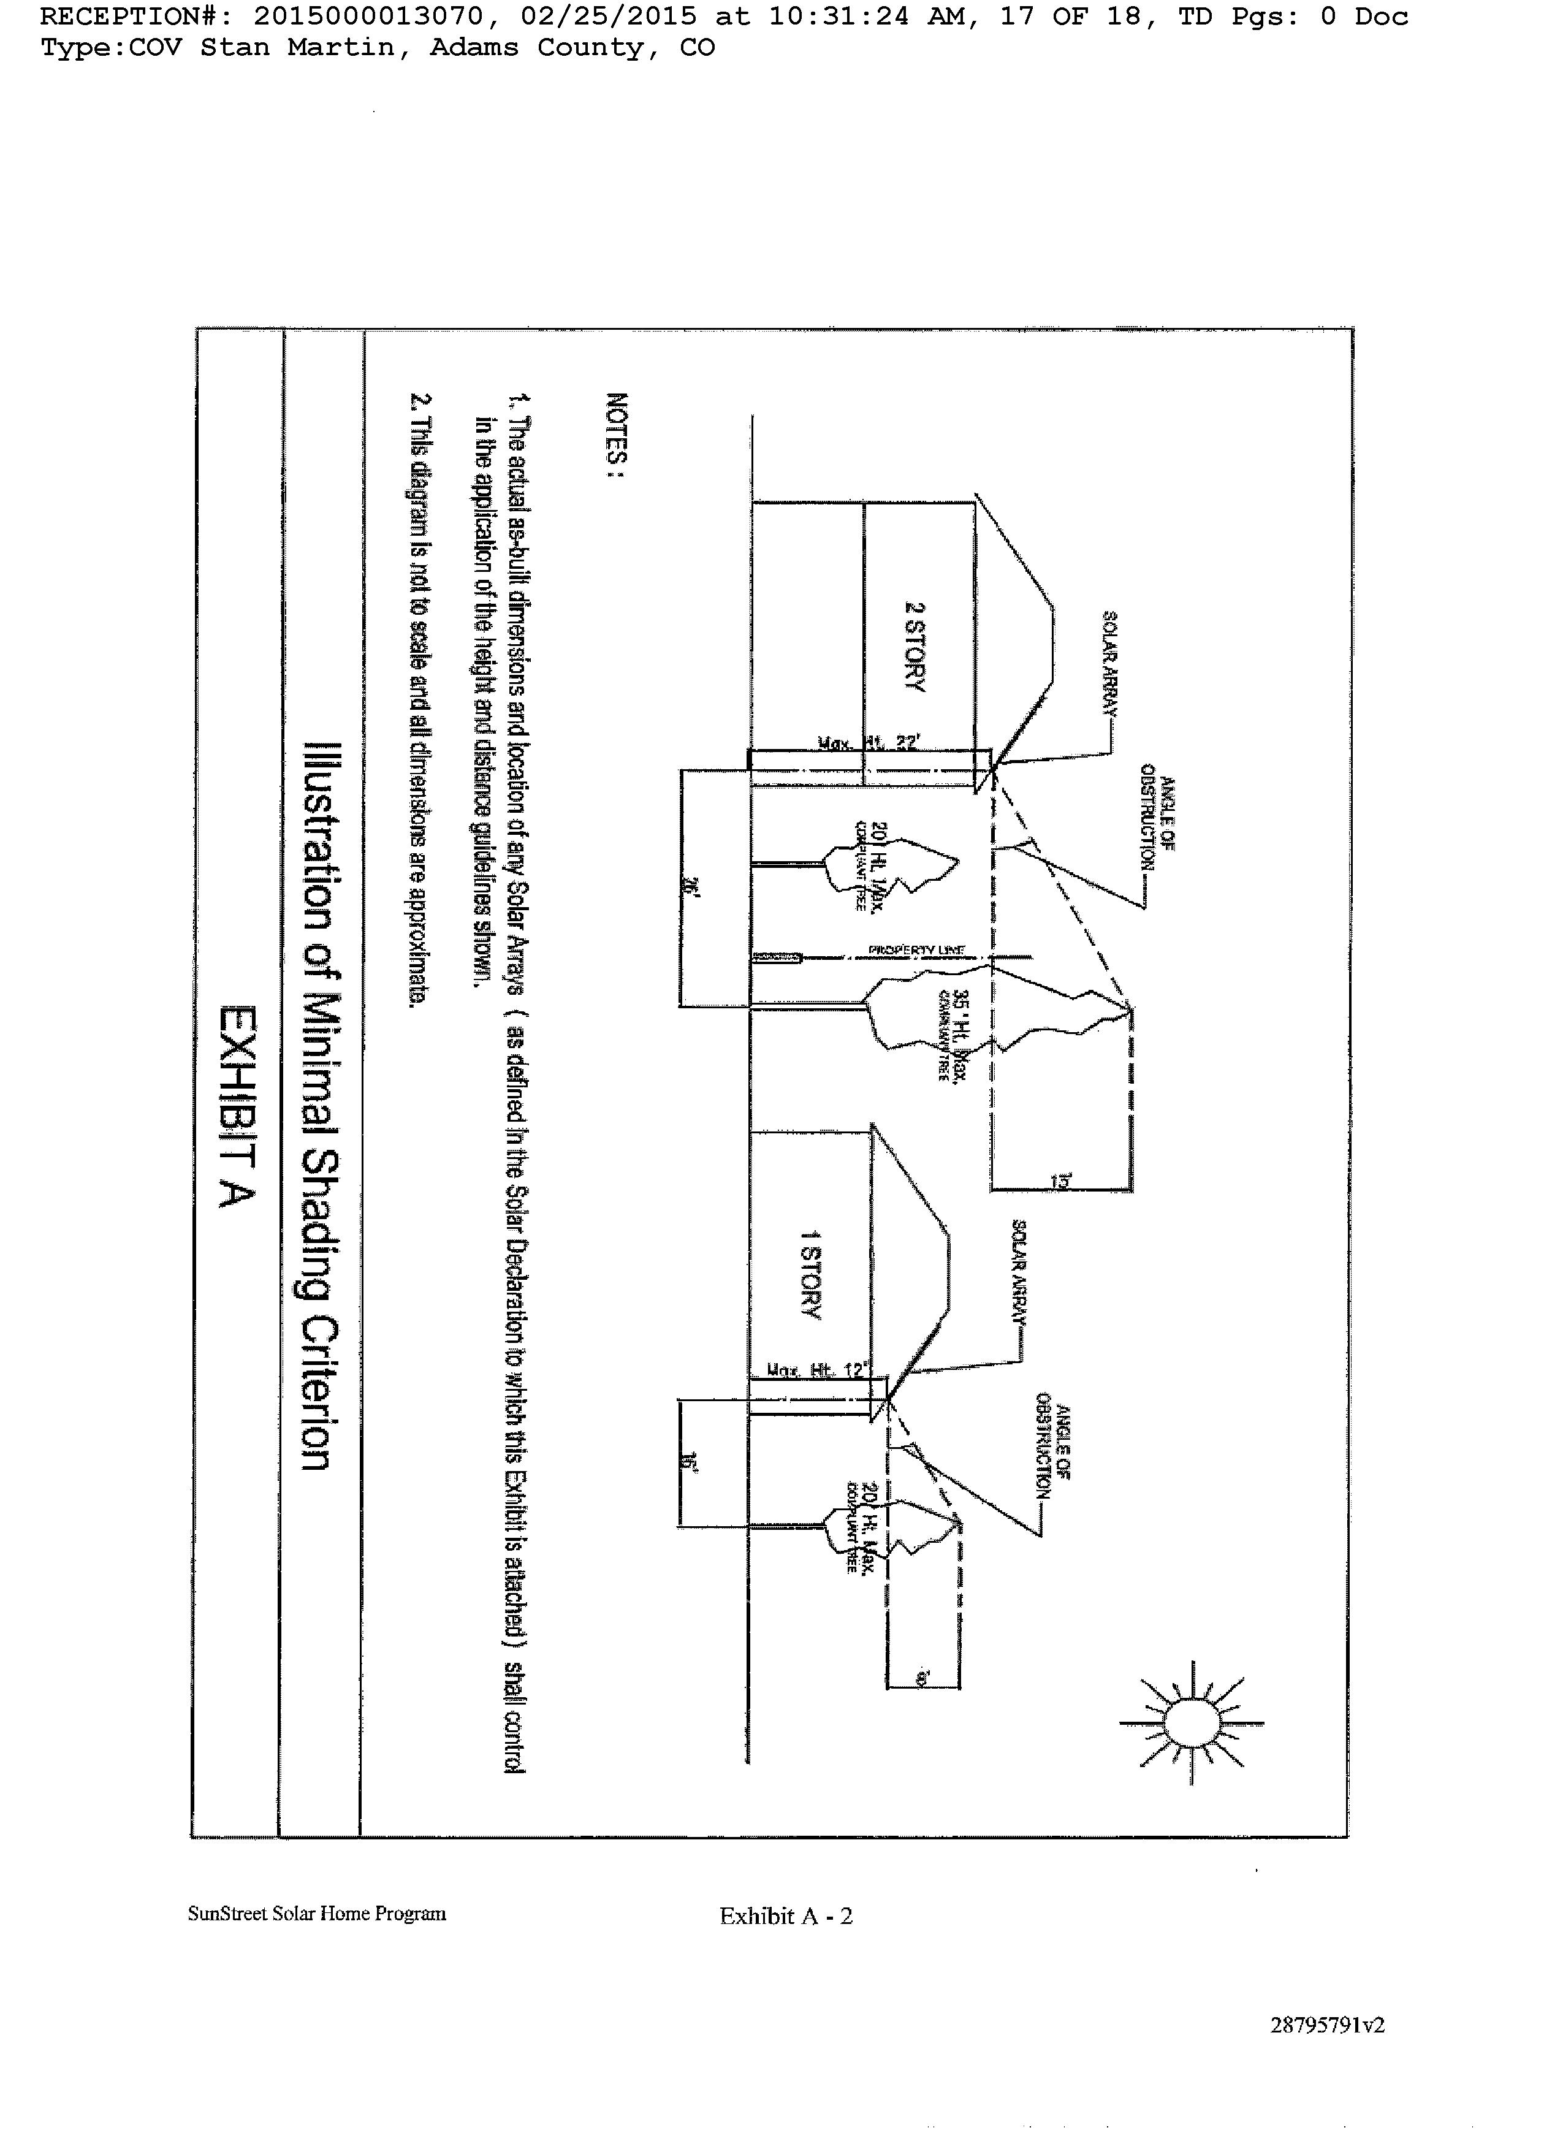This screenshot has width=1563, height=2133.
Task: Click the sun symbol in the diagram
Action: click(1191, 1722)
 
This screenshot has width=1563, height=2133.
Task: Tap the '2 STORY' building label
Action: click(914, 647)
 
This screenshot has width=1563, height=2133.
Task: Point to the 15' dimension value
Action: click(1060, 1182)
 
